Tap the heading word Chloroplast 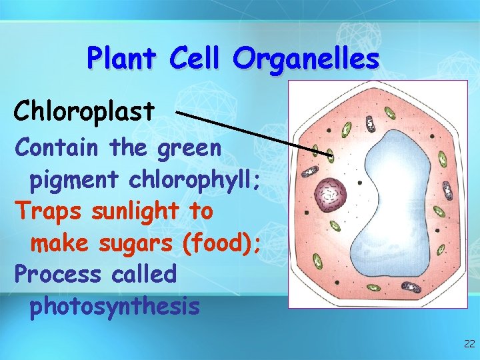[84, 111]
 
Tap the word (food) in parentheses [219, 243]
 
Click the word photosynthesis [114, 306]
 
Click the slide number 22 [469, 344]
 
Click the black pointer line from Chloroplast [253, 133]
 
